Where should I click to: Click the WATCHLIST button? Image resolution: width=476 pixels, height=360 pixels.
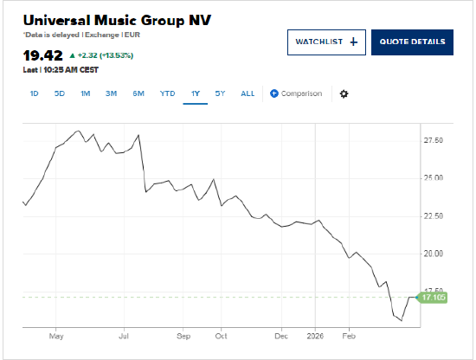pyautogui.click(x=326, y=42)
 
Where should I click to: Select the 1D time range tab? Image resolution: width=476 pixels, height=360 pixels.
pyautogui.click(x=35, y=93)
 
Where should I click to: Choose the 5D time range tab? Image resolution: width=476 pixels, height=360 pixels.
pyautogui.click(x=60, y=93)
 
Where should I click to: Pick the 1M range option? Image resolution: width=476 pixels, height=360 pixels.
pyautogui.click(x=86, y=93)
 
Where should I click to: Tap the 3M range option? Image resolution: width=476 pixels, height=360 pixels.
pyautogui.click(x=112, y=93)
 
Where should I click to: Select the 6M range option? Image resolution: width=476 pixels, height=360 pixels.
pyautogui.click(x=138, y=93)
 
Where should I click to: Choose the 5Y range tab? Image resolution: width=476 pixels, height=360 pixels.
pyautogui.click(x=221, y=93)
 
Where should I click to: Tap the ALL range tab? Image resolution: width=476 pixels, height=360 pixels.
pyautogui.click(x=248, y=93)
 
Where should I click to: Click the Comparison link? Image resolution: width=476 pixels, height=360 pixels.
pyautogui.click(x=296, y=93)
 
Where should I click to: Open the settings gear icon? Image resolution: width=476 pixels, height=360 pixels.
pyautogui.click(x=344, y=93)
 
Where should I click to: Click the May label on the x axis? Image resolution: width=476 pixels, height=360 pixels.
pyautogui.click(x=57, y=334)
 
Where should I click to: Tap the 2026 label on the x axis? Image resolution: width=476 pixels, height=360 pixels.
pyautogui.click(x=315, y=334)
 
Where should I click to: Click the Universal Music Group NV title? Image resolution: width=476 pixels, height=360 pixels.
pyautogui.click(x=117, y=20)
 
